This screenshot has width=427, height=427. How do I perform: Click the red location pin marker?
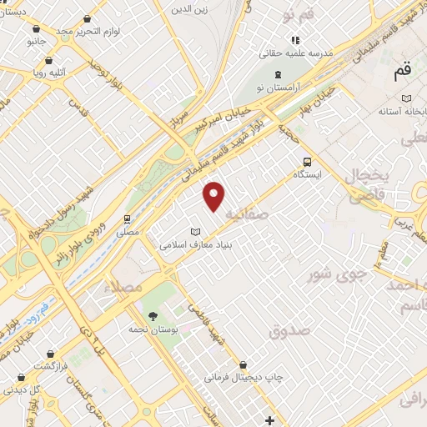point(215,194)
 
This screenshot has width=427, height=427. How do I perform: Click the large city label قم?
point(407,73)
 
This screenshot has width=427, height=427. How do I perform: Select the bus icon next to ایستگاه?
point(307,163)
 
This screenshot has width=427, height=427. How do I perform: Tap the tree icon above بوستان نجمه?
point(153,314)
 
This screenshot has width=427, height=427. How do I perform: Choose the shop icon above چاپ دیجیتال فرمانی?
point(243,364)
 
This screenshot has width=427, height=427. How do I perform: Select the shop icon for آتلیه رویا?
point(49,61)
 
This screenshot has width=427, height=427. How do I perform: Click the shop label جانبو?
point(37,41)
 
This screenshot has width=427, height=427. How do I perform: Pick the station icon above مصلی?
point(127,219)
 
